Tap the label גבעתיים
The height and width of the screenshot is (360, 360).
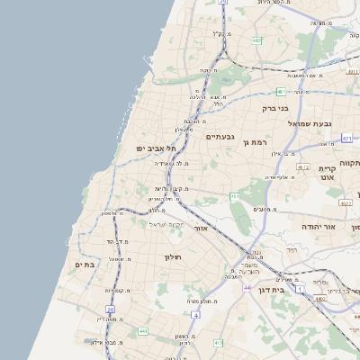pyautogui.click(x=220, y=137)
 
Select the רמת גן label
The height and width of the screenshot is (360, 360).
pyautogui.click(x=256, y=142)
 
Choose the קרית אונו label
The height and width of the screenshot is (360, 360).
pyautogui.click(x=327, y=175)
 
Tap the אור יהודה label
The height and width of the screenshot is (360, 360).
pyautogui.click(x=317, y=226)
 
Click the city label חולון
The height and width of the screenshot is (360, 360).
pyautogui.click(x=172, y=257)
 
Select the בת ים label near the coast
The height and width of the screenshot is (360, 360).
pyautogui.click(x=85, y=265)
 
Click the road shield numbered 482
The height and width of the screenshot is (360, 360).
pyautogui.click(x=256, y=40)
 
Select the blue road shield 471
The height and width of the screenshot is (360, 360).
pyautogui.click(x=347, y=139)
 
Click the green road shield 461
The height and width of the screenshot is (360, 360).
pyautogui.click(x=235, y=195)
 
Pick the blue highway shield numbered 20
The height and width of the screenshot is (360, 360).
pyautogui.click(x=111, y=309)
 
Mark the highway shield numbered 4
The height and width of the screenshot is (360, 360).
pyautogui.click(x=196, y=315)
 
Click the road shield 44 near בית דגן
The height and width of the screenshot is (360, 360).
pyautogui.click(x=247, y=286)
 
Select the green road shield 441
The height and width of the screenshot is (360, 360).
pyautogui.click(x=142, y=331)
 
